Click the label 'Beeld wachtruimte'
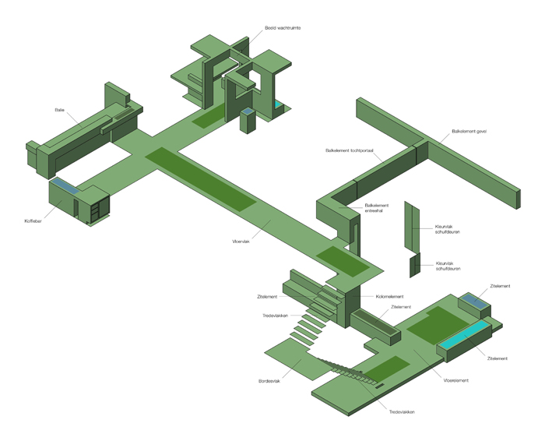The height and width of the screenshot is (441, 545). pyautogui.click(x=283, y=27)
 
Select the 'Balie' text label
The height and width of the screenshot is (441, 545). pyautogui.click(x=60, y=110)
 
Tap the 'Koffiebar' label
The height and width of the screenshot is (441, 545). pyautogui.click(x=33, y=221)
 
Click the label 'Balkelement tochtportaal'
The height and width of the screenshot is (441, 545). pyautogui.click(x=350, y=150)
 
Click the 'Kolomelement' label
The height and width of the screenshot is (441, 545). pyautogui.click(x=389, y=297)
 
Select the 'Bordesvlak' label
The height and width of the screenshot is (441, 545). pyautogui.click(x=269, y=381)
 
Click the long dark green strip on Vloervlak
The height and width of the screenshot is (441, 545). pyautogui.click(x=199, y=178)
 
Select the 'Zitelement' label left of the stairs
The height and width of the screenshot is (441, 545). pyautogui.click(x=268, y=297)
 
